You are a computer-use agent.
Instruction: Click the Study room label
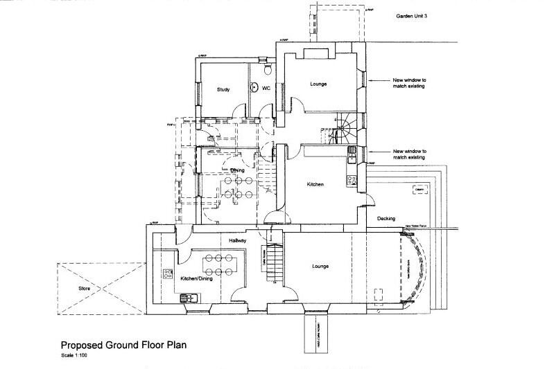pos(223,89)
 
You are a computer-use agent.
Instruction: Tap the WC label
pos(266,88)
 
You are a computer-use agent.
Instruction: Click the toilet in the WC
pos(268,69)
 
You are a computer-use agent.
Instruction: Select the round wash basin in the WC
pos(254,88)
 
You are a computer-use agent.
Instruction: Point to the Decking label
pos(386,218)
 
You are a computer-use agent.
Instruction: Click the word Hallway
pos(238,240)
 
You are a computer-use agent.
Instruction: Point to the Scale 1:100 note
pos(73,356)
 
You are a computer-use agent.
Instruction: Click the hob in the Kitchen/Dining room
pos(168,273)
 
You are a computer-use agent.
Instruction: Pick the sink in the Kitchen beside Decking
pos(352,152)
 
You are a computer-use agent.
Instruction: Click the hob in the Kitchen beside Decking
pos(352,180)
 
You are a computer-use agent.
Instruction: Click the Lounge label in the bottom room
pos(320,266)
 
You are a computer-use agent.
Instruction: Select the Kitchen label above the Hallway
pos(316,185)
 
